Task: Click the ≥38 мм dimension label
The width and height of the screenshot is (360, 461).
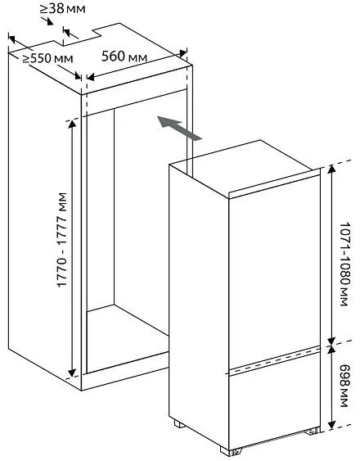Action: tap(63, 9)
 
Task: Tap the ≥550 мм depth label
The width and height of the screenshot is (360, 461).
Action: tap(48, 58)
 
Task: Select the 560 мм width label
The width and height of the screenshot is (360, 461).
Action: tap(124, 56)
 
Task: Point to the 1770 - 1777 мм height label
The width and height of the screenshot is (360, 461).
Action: tap(61, 240)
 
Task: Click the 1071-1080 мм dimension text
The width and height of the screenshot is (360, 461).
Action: tap(345, 264)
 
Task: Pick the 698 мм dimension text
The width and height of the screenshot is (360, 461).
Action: tap(345, 386)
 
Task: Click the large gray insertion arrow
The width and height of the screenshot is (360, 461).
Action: tap(179, 128)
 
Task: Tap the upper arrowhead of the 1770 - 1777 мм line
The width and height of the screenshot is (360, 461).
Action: tap(72, 124)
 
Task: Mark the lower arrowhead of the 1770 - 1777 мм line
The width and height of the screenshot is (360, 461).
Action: tap(72, 373)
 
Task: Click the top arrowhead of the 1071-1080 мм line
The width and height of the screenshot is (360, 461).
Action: tap(331, 169)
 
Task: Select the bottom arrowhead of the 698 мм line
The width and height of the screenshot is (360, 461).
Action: tap(331, 425)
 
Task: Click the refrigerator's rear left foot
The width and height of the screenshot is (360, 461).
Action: tap(179, 424)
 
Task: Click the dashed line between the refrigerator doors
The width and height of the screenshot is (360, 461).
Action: tap(274, 359)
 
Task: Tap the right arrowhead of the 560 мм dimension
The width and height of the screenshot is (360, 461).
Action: tap(183, 53)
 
